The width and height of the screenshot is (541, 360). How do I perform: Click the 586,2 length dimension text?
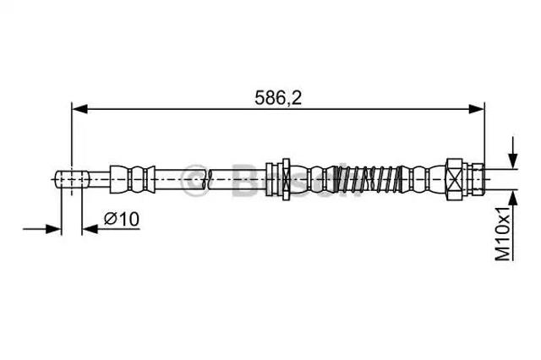tap(278, 97)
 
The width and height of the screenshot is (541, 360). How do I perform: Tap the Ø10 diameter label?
tap(122, 219)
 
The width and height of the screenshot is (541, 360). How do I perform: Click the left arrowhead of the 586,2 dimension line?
tap(79, 109)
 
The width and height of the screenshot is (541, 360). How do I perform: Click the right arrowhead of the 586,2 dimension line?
tap(477, 109)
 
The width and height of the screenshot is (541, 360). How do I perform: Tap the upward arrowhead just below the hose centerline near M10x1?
tap(513, 198)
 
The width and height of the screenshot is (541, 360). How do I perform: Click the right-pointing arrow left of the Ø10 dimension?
tap(41, 229)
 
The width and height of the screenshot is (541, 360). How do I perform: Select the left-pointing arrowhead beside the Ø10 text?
tap(90, 229)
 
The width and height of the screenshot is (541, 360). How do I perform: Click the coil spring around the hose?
tap(369, 179)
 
